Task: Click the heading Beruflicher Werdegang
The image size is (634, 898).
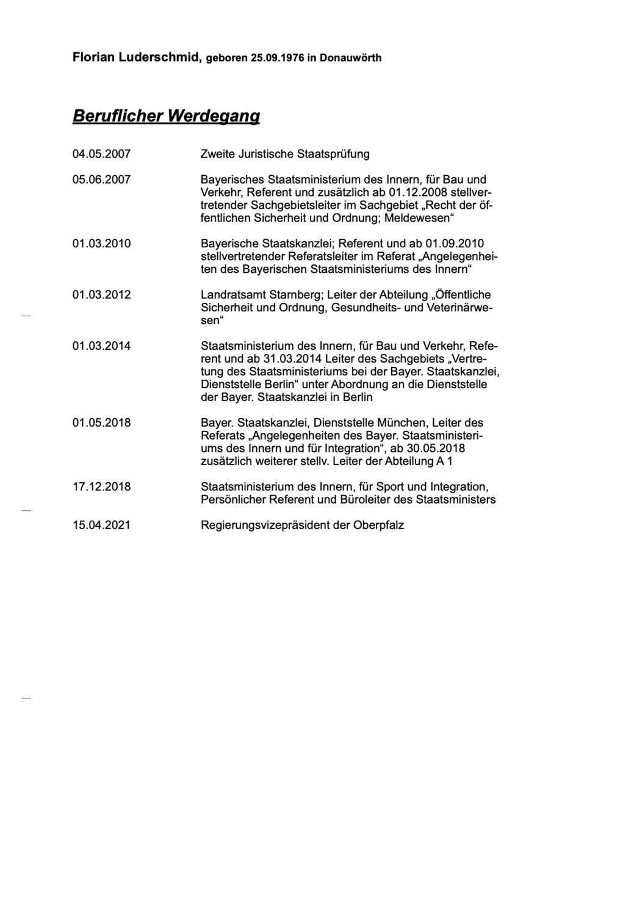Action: pyautogui.click(x=166, y=115)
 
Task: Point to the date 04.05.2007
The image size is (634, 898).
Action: pyautogui.click(x=101, y=154)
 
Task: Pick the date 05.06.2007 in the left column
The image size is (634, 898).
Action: pyautogui.click(x=101, y=179)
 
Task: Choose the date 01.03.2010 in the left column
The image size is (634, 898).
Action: pyautogui.click(x=101, y=244)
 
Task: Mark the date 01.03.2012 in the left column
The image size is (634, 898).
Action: pyautogui.click(x=101, y=295)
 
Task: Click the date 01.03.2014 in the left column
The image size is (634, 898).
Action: pyautogui.click(x=101, y=346)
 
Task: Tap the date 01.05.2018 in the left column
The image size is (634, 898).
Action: pyautogui.click(x=101, y=422)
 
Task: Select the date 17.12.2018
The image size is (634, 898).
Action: pyautogui.click(x=101, y=487)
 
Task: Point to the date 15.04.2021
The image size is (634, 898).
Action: pyautogui.click(x=101, y=525)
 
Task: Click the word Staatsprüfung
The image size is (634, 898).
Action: pyautogui.click(x=333, y=154)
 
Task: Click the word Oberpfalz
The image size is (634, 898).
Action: pyautogui.click(x=378, y=525)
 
